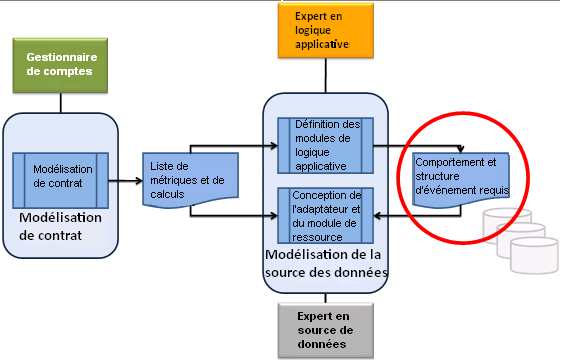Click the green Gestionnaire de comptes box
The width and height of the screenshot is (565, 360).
click(61, 65)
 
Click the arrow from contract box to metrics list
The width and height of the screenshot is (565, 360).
click(125, 181)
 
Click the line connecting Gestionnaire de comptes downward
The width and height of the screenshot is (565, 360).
click(61, 101)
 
